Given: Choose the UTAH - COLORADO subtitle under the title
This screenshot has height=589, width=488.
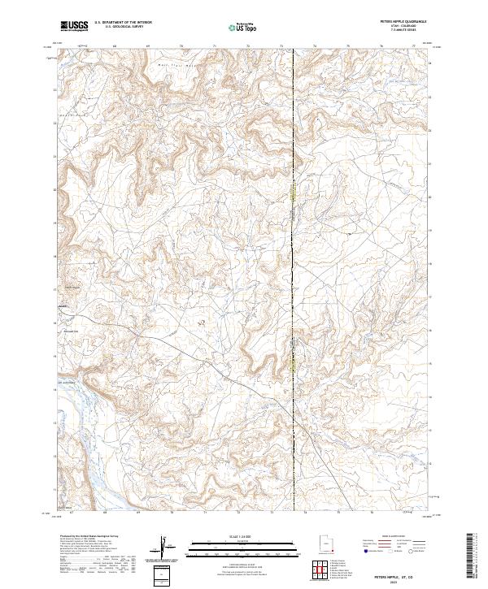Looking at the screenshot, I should tap(411, 27).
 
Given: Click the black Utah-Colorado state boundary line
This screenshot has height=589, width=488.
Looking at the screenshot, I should tap(294, 244).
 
